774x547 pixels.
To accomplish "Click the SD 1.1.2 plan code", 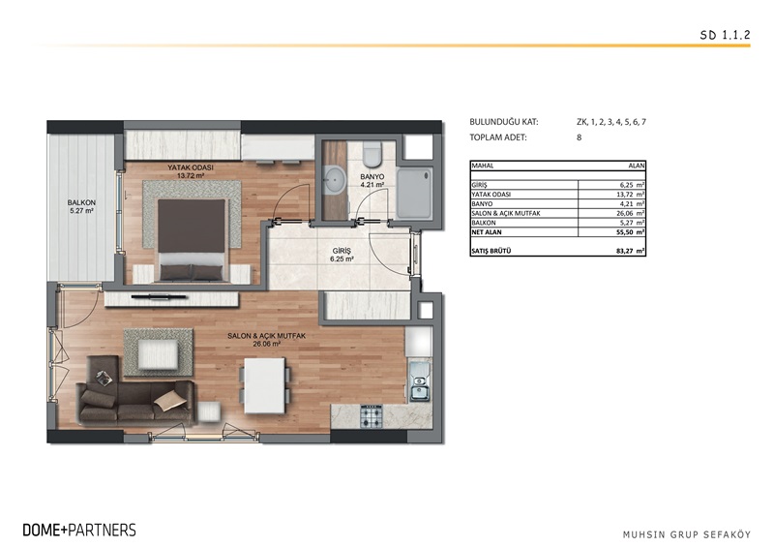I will click(723, 34).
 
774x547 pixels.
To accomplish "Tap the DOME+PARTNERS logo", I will click(79, 530).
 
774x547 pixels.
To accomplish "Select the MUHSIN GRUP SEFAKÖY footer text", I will click(688, 532).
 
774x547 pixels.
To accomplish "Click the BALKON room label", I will click(80, 204).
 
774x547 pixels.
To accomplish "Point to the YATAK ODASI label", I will click(190, 168).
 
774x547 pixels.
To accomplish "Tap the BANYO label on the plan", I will click(372, 177).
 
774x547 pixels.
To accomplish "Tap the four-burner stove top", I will click(373, 417).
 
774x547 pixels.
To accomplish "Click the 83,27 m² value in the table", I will click(630, 251).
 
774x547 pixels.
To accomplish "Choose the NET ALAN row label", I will click(489, 231).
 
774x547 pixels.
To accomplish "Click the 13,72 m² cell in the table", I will click(630, 194).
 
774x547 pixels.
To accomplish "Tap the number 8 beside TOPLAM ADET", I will click(579, 138).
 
